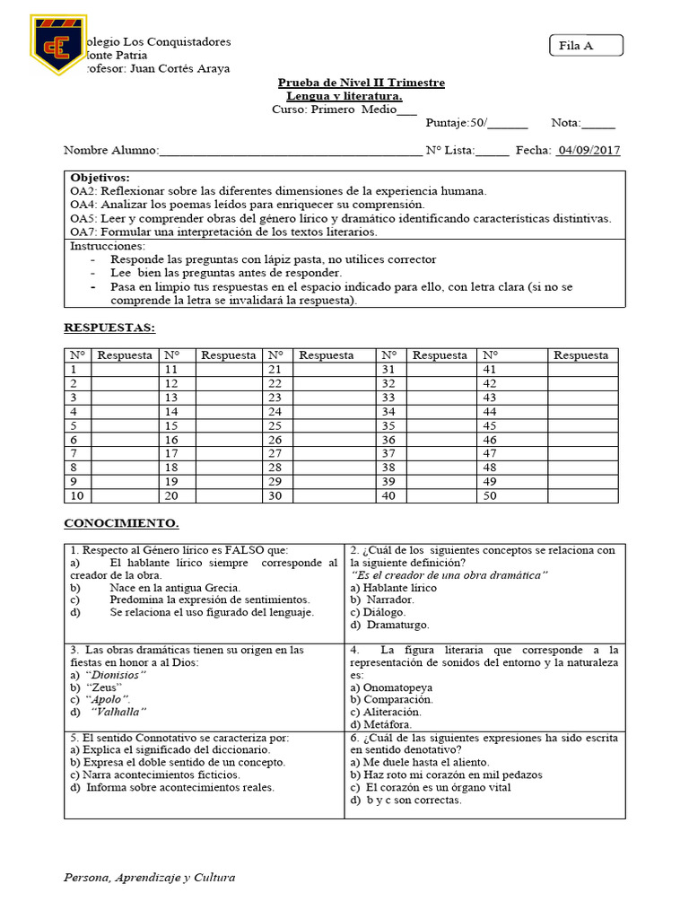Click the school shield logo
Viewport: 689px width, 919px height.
(x=58, y=44)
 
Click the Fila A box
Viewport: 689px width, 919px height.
(x=585, y=46)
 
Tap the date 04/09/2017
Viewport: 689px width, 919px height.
(x=589, y=150)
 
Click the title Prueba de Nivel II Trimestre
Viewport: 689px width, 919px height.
(x=361, y=83)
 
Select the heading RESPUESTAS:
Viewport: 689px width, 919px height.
(x=109, y=328)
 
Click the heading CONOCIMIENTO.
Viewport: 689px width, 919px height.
(x=120, y=522)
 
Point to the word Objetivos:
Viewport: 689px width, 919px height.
(x=100, y=178)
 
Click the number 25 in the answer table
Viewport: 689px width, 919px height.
(x=275, y=425)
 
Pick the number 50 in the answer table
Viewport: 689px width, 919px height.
(x=490, y=495)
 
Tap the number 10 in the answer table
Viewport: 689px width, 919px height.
(x=76, y=495)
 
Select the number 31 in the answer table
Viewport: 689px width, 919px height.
(x=388, y=369)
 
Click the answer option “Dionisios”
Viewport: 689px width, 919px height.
(x=116, y=674)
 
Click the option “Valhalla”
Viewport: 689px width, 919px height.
(x=120, y=712)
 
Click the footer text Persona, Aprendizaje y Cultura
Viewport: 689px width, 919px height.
(x=149, y=877)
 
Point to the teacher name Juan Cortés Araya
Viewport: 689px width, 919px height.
(x=179, y=68)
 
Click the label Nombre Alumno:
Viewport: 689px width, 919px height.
(x=110, y=150)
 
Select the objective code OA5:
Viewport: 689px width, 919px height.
(x=83, y=218)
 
